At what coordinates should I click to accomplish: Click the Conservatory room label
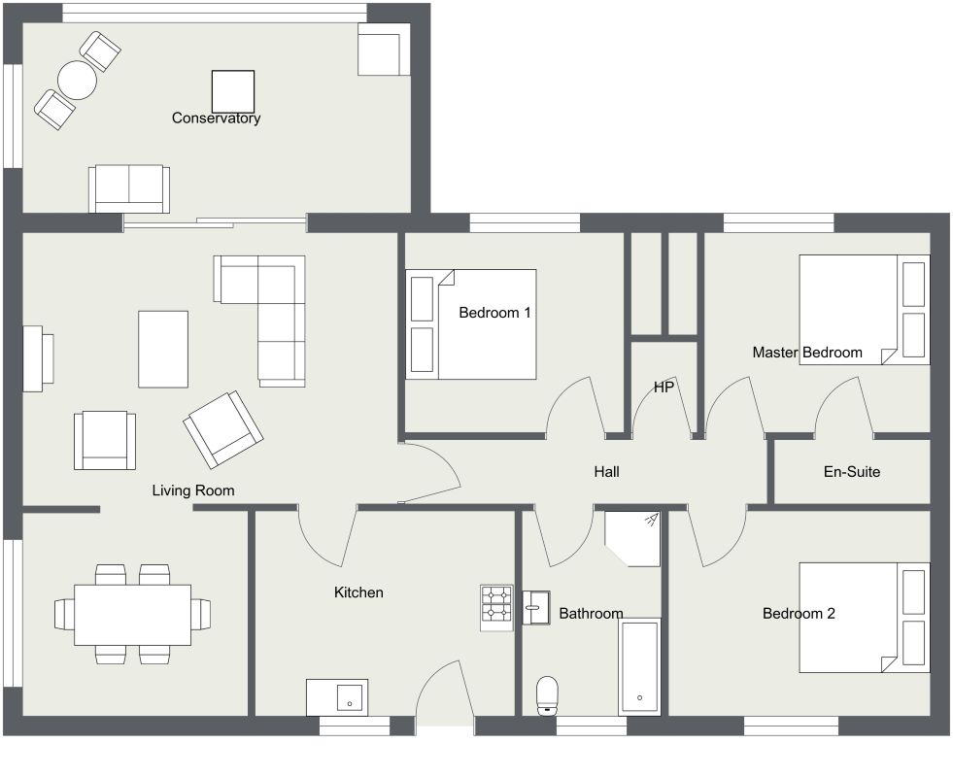[216, 118]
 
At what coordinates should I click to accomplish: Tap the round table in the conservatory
[77, 80]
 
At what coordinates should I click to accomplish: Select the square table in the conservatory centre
[233, 91]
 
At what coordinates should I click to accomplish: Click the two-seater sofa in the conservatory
[128, 187]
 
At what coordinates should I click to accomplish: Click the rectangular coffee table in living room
[163, 349]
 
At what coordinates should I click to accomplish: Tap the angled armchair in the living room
[222, 429]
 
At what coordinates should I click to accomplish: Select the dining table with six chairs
[133, 614]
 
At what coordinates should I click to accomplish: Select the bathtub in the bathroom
[639, 666]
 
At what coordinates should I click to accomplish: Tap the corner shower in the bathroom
[631, 538]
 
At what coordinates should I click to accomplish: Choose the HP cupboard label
[664, 388]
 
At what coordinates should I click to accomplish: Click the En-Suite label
[851, 472]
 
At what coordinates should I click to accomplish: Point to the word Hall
[606, 472]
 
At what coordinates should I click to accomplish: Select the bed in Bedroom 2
[863, 618]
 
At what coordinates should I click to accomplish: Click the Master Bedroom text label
[806, 353]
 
